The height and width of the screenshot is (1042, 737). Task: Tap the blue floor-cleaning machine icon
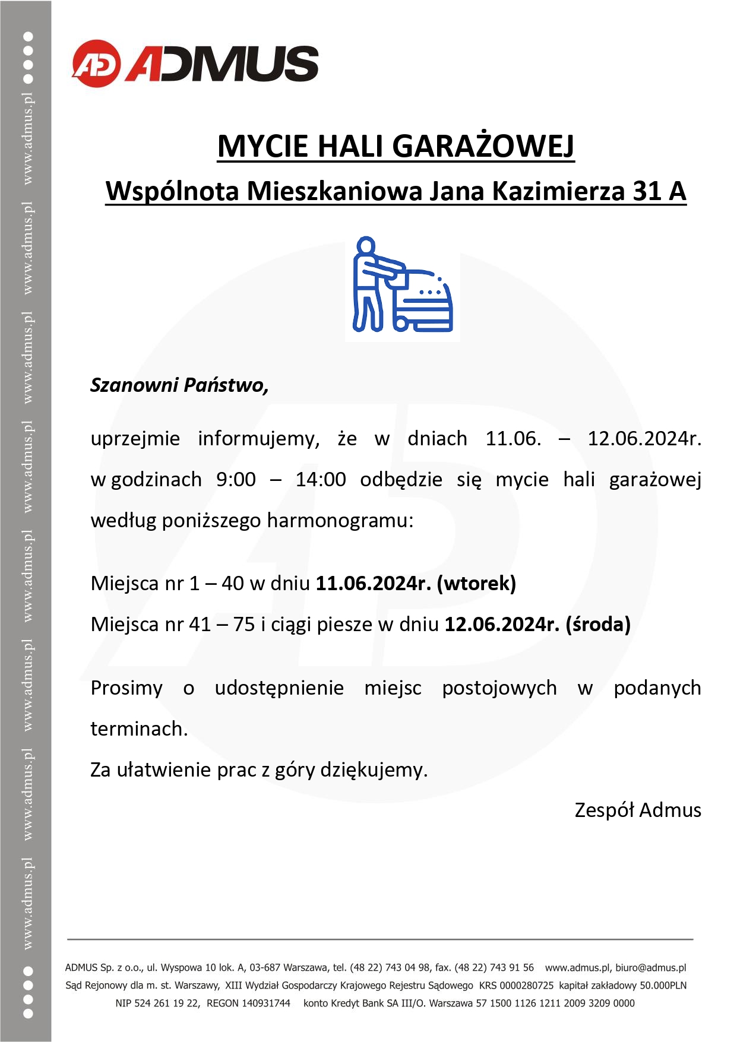click(403, 287)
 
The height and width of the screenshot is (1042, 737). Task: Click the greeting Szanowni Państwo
click(179, 385)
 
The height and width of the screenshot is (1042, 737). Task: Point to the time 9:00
click(236, 479)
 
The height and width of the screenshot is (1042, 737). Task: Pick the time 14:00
click(321, 479)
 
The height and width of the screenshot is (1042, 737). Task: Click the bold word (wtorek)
click(476, 584)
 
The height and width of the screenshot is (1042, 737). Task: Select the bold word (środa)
click(598, 625)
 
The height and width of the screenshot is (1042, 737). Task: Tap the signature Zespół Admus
click(638, 810)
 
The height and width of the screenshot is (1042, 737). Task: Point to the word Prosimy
click(126, 688)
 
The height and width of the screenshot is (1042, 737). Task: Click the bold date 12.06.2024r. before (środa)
click(502, 625)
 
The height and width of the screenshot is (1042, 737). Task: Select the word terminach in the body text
click(138, 729)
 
